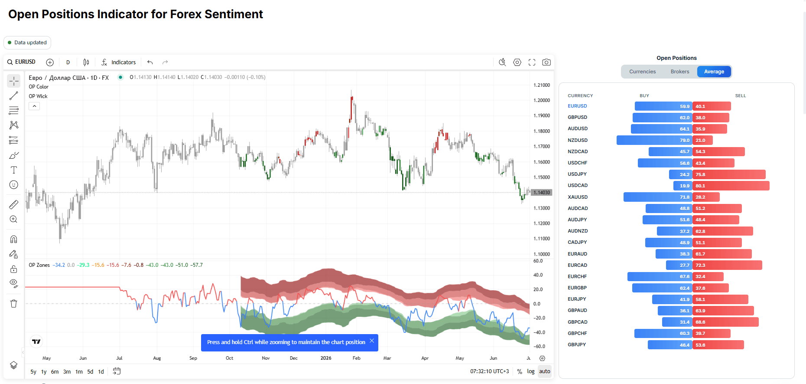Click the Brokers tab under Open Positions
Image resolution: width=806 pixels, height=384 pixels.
679,72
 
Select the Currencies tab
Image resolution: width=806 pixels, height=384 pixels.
642,72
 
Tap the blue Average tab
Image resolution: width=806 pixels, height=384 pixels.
714,72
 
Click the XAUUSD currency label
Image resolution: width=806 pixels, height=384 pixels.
578,197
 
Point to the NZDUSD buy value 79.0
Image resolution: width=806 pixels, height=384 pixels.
685,140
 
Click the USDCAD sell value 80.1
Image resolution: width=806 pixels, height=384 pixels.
700,186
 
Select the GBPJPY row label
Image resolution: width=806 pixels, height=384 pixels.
577,345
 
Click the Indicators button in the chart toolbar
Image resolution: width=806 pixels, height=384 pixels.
118,62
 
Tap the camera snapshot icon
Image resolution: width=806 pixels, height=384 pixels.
546,62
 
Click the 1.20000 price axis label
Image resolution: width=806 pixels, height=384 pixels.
542,100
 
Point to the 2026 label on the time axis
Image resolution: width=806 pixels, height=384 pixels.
326,358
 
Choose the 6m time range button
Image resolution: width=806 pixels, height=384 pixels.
55,371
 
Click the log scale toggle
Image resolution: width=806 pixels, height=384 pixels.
531,371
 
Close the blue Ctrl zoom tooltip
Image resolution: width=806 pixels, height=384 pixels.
372,341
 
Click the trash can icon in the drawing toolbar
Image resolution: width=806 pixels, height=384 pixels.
14,303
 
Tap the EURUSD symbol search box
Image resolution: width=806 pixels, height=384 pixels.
21,62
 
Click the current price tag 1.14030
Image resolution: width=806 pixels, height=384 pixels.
542,192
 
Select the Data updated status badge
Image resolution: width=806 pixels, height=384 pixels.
27,43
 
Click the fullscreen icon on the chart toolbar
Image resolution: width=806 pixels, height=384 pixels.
532,62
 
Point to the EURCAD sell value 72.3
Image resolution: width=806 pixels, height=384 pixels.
700,265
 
